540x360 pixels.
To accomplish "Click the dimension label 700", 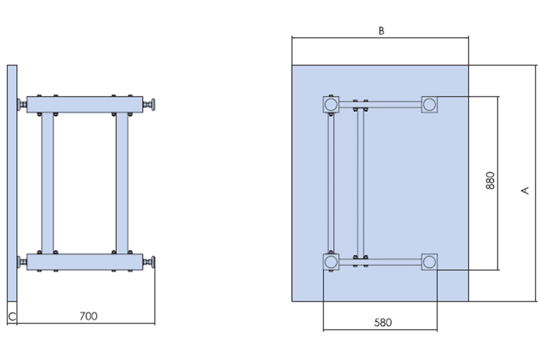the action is point(88,316).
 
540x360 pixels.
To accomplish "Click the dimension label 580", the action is point(383,322).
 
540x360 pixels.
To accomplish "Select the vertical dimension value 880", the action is point(491,180).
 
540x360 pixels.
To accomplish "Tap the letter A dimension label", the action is point(525,190).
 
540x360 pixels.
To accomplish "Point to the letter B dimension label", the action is point(381,31).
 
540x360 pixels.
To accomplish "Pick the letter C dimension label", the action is point(12,317).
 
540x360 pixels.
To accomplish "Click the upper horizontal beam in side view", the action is point(85,105).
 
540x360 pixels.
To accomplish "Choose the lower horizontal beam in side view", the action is point(85,262).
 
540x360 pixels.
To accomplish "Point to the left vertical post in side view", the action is point(47,183).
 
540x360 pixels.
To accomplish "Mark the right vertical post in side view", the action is point(122,183).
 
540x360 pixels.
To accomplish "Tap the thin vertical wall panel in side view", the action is point(12,183).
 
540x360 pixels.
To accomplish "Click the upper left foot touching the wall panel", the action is point(22,105).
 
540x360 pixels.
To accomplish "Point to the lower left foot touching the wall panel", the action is point(22,262).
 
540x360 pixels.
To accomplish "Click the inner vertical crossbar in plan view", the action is point(360,183).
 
